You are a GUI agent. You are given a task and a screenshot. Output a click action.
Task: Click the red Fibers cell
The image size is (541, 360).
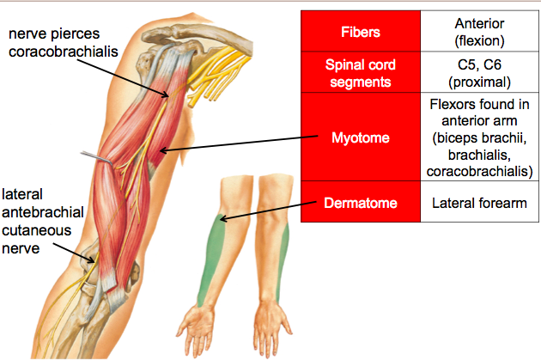coord(360,34)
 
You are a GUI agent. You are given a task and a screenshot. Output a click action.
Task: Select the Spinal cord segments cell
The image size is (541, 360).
coord(360,74)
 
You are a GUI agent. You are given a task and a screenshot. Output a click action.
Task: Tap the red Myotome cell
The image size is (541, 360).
coord(360,137)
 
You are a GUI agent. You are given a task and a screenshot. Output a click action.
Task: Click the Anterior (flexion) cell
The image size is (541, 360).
coord(480,34)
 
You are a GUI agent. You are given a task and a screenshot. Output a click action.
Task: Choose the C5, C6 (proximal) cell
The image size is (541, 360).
coord(480,74)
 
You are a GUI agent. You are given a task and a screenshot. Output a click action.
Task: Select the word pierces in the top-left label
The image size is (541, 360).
coord(79,33)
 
